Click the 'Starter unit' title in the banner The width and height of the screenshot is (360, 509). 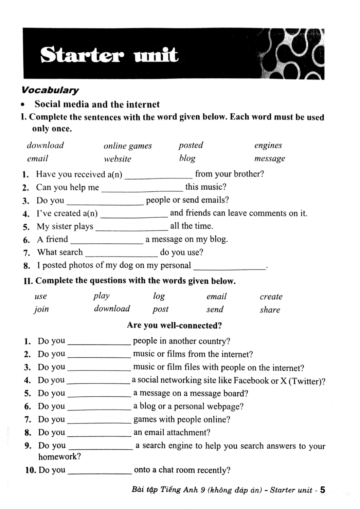(109, 55)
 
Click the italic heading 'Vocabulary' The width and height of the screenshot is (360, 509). (50, 90)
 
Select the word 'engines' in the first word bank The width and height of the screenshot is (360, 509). (268, 146)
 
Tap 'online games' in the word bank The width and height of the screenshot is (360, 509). (128, 146)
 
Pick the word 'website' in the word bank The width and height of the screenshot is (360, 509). (118, 159)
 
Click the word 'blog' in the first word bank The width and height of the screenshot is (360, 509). (187, 158)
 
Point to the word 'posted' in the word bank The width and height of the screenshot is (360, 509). (191, 145)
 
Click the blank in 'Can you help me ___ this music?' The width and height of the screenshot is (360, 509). (142, 189)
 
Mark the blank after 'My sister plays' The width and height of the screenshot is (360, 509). (131, 228)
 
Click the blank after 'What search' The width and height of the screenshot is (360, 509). (122, 254)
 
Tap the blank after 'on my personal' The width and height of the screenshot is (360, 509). (230, 267)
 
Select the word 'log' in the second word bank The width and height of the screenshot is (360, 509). (159, 296)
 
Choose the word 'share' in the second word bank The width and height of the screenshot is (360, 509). (270, 310)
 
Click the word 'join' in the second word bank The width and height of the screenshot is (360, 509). (41, 309)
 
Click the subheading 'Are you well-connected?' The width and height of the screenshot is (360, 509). (174, 325)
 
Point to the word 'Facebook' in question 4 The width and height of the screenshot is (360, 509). (251, 381)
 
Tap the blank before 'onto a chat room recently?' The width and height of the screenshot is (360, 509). (100, 472)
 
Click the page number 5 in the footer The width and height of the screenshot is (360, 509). (322, 490)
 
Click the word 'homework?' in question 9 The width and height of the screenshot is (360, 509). (59, 457)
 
